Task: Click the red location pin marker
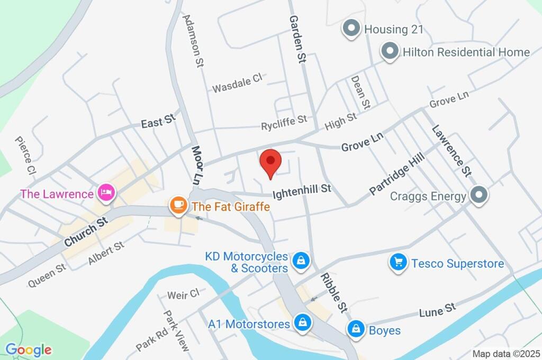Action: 271,161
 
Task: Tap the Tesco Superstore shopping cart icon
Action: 398,262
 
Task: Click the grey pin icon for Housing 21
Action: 350,29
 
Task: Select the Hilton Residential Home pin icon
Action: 390,52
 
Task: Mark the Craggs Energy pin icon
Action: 478,195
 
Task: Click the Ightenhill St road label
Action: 302,190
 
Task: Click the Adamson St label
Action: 193,40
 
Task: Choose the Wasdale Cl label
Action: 237,83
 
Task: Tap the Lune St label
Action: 437,309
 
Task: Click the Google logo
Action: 29,349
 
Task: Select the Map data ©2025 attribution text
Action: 505,354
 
